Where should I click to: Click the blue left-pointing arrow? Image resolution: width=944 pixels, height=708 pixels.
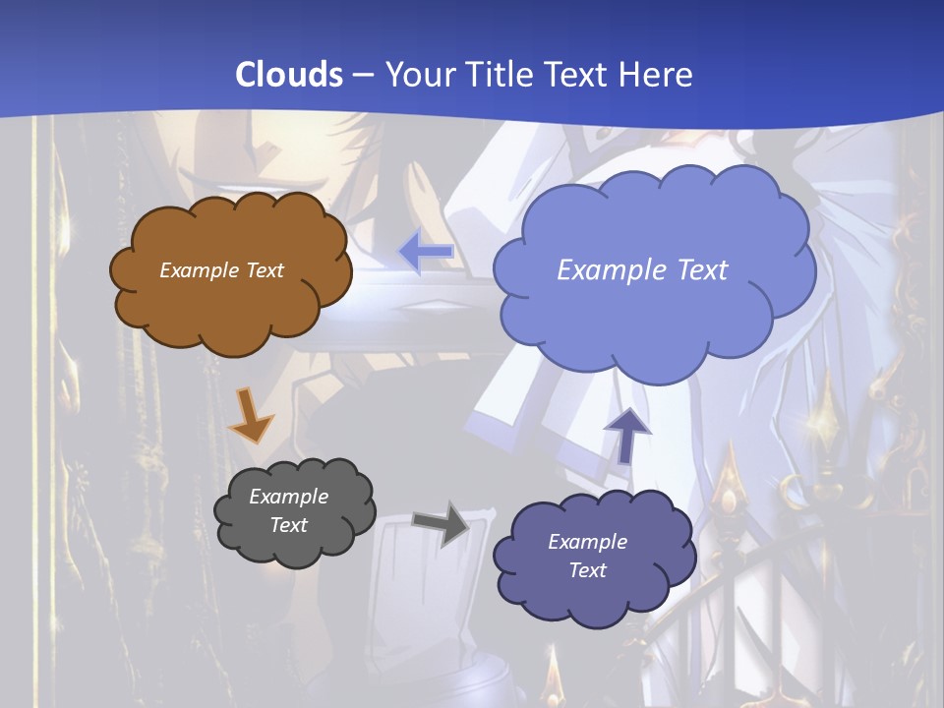(426, 253)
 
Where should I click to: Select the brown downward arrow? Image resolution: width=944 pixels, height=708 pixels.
(250, 414)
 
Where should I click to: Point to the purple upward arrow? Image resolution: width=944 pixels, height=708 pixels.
(627, 434)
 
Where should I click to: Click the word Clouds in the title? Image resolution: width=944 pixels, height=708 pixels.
(289, 75)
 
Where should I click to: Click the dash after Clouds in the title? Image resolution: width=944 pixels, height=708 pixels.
(363, 75)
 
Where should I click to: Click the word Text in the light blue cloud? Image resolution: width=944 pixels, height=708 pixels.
(699, 270)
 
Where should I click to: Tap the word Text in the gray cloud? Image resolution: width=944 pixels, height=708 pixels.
(289, 525)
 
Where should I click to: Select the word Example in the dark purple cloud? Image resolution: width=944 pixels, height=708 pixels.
(587, 542)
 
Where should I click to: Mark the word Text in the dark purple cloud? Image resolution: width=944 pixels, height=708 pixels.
(587, 570)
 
